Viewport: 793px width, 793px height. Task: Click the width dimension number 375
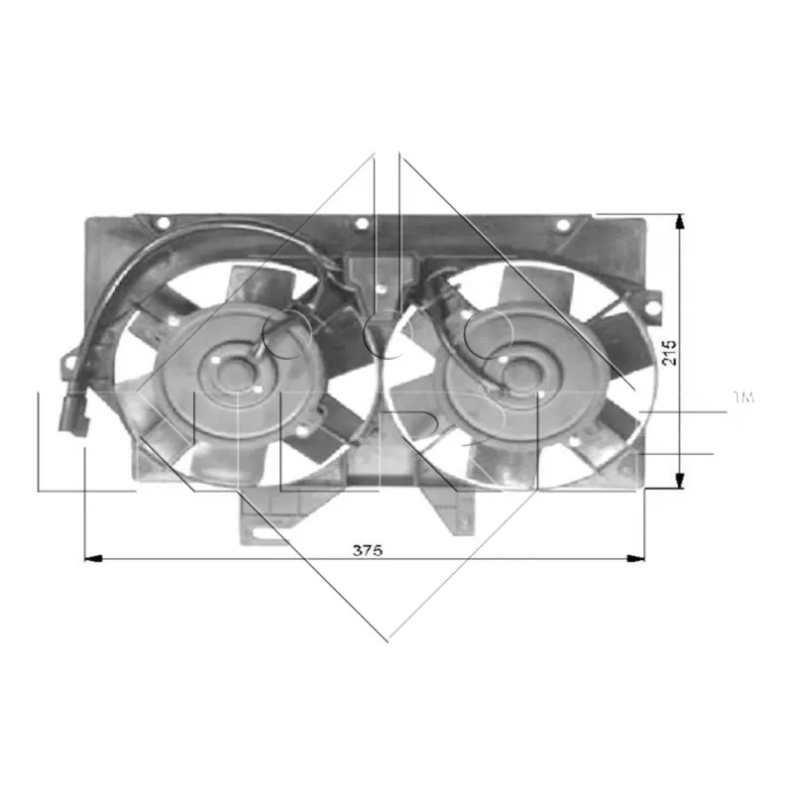pyautogui.click(x=367, y=550)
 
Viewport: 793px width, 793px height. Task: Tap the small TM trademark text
pyautogui.click(x=742, y=397)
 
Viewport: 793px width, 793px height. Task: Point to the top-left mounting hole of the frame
pyautogui.click(x=163, y=223)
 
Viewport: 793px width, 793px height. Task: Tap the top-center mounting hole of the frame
pyautogui.click(x=362, y=224)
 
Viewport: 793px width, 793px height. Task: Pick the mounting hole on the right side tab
pyautogui.click(x=651, y=309)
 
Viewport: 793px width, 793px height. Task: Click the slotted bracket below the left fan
pyautogui.click(x=261, y=521)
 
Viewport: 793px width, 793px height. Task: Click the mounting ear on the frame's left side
pyautogui.click(x=71, y=361)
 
